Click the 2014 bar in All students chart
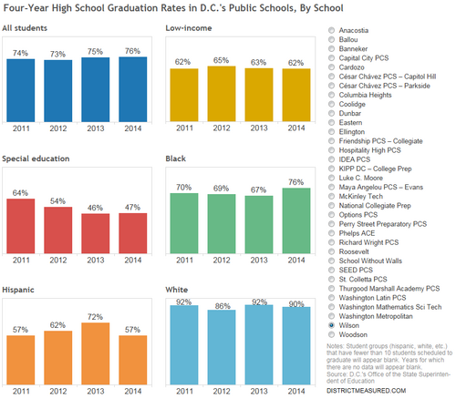[x=133, y=89]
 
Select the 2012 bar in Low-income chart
[x=222, y=94]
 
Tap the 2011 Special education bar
[x=21, y=226]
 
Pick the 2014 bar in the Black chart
[x=296, y=220]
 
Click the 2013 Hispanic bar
[x=96, y=353]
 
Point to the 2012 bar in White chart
[x=222, y=347]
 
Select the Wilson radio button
[x=331, y=325]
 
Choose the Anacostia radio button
[x=331, y=30]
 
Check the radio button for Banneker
[x=331, y=48]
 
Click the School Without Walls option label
[x=370, y=261]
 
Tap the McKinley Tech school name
[x=361, y=196]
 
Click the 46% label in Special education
[x=95, y=208]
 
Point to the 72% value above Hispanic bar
[x=95, y=317]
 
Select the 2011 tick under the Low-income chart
[x=184, y=128]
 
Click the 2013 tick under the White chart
[x=259, y=391]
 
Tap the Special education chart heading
[x=36, y=159]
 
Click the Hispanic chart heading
[x=18, y=290]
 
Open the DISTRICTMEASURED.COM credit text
[x=367, y=391]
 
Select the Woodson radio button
[x=331, y=334]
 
